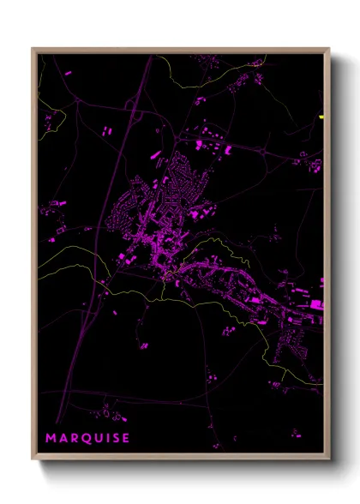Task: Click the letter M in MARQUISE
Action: (51, 438)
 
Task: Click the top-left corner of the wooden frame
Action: (33, 48)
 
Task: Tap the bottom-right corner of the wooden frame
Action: (329, 460)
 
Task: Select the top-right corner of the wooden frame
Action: (329, 48)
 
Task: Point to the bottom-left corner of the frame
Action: (33, 460)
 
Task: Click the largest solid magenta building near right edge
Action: (316, 304)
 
